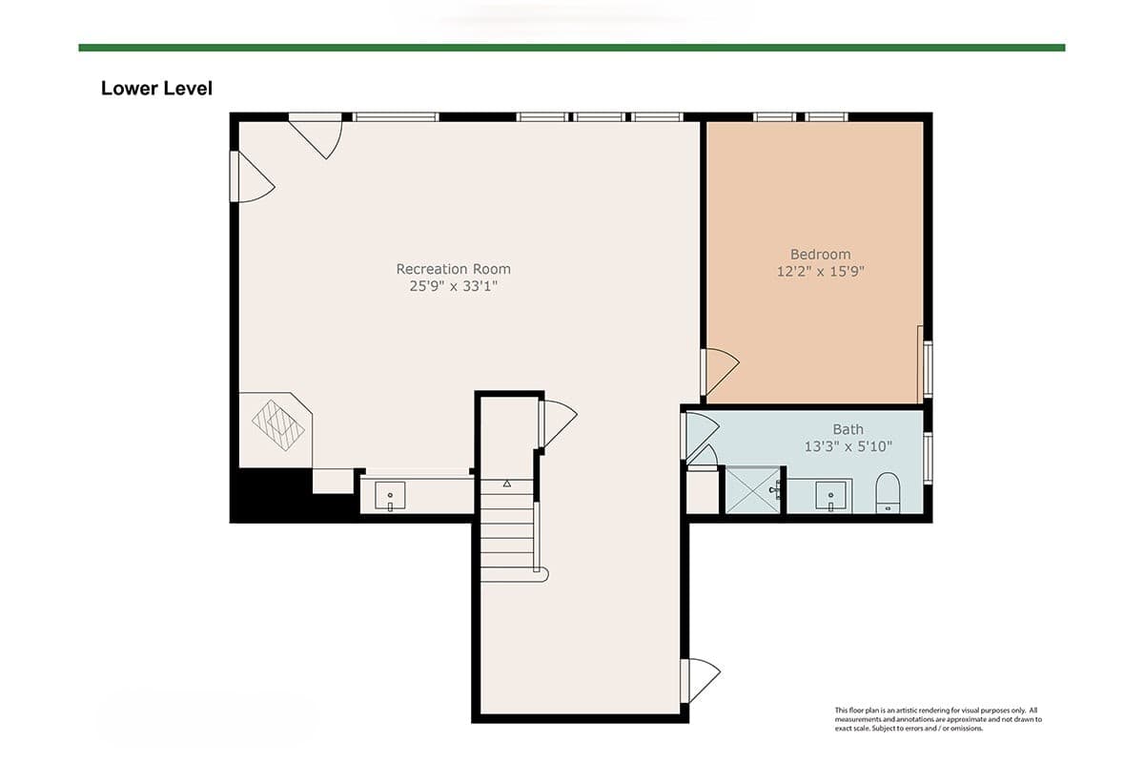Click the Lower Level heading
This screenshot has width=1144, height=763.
pos(156,89)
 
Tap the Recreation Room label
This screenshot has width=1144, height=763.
pos(453,269)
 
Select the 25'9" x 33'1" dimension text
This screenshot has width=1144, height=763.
pos(453,286)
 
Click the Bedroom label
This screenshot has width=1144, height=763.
pos(820,254)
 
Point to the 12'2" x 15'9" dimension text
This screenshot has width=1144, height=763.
pos(820,271)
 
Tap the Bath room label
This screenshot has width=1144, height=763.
pos(848,429)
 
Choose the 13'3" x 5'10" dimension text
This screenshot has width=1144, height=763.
pos(848,446)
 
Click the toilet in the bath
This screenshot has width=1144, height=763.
pos(888,493)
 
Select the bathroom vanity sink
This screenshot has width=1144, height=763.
pos(832,495)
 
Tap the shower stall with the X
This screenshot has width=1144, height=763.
pos(753,490)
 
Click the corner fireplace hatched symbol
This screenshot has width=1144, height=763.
pos(277,425)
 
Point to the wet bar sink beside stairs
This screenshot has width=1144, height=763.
pos(390,495)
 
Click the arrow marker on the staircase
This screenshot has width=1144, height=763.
pos(506,483)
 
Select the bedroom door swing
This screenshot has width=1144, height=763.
pos(720,372)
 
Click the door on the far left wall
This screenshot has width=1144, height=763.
pos(253,176)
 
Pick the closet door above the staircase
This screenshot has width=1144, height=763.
pos(558,423)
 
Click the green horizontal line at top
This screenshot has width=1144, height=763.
pos(572,48)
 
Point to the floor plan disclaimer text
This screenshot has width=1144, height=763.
pos(938,719)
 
